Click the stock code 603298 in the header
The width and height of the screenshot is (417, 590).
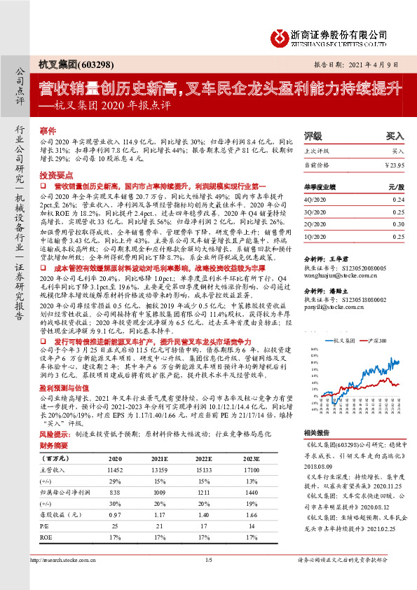tap(91, 65)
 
